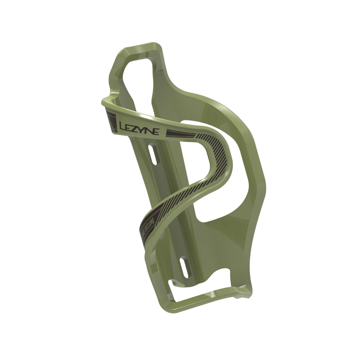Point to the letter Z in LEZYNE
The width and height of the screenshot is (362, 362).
(136, 128)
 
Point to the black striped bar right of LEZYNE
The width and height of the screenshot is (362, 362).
(180, 133)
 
